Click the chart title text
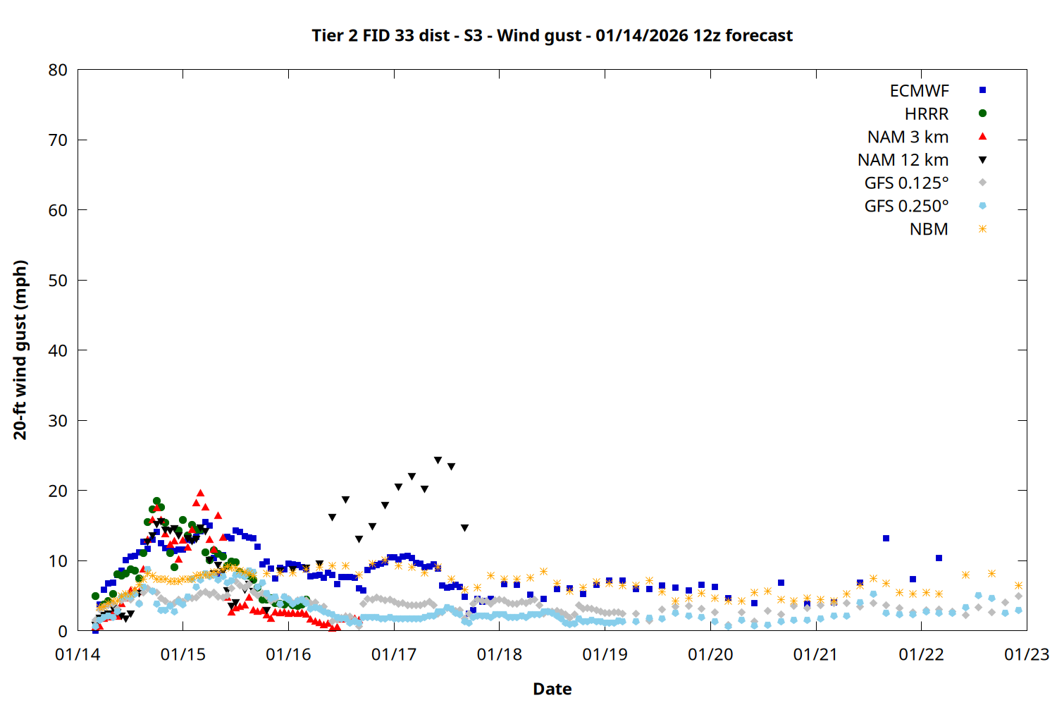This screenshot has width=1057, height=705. point(552,35)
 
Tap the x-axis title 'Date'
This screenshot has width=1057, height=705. point(552,689)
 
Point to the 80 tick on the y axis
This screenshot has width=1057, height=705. point(58,70)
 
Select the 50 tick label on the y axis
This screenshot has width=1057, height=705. point(58,281)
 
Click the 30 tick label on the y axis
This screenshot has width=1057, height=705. point(58,421)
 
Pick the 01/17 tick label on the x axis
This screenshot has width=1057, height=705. point(394,655)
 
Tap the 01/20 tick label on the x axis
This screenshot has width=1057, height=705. point(710,655)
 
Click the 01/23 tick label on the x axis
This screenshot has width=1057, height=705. point(1026,655)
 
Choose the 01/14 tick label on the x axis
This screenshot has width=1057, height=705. point(78,655)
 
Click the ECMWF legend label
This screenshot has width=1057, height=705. point(919,91)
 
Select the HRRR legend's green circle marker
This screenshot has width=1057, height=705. point(982,114)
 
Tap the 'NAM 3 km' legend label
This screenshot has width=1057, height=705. point(908,137)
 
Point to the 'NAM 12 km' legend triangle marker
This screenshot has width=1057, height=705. point(982,160)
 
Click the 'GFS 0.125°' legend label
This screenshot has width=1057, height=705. point(906,183)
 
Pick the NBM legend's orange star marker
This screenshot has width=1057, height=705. point(982,229)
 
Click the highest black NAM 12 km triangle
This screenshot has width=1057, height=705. point(438,460)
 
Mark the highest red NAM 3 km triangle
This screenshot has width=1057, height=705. point(200,493)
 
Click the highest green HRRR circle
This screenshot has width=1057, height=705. point(156,501)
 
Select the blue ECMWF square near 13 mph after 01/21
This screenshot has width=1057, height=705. point(886,539)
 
